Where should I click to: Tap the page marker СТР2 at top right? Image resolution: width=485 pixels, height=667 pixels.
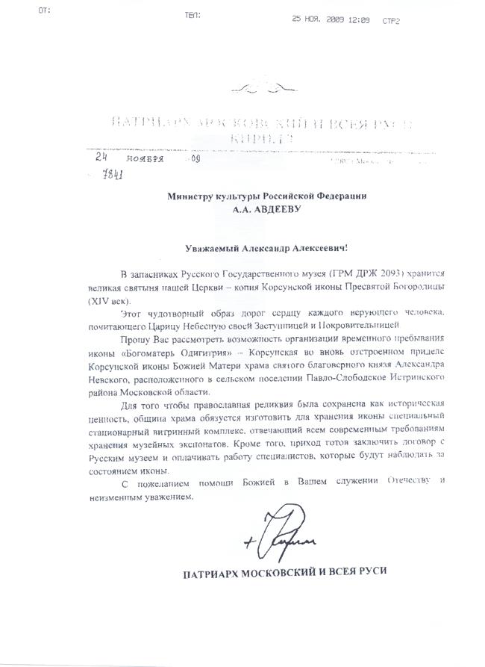[x=390, y=20]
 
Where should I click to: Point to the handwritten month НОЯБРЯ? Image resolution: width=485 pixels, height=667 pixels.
[x=146, y=159]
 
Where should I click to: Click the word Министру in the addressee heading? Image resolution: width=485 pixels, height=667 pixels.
[x=192, y=196]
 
